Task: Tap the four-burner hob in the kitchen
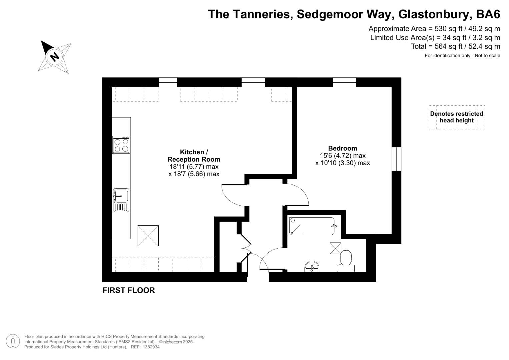click(x=121, y=145)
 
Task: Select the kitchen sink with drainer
click(x=121, y=200)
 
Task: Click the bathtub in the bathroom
click(x=312, y=226)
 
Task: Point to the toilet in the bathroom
click(x=346, y=259)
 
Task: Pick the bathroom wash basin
click(x=312, y=267)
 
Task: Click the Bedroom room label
click(x=342, y=148)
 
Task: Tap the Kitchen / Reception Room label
click(x=194, y=156)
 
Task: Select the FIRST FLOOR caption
click(x=129, y=290)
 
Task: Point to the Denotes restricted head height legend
click(x=456, y=117)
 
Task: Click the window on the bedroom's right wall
click(x=396, y=159)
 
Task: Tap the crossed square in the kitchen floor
click(x=148, y=236)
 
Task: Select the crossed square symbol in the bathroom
click(x=335, y=248)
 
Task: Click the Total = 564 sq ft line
click(x=455, y=46)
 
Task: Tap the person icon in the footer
click(x=13, y=342)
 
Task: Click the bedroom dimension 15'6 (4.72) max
click(x=343, y=156)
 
